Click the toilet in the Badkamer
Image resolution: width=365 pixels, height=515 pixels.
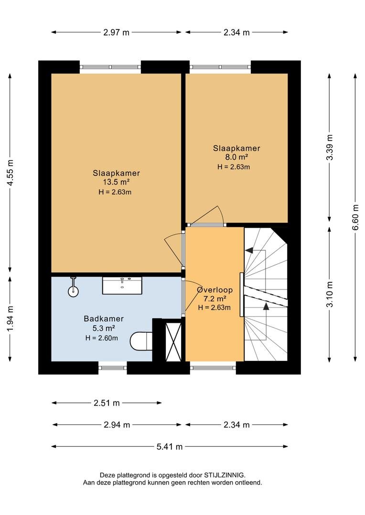(141, 341)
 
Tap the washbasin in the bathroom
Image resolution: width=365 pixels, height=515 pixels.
(122, 285)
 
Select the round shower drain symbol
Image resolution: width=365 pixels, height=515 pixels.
(73, 291)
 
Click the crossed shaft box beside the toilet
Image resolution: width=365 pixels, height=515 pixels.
(173, 342)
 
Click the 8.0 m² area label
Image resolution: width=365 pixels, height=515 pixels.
(236, 157)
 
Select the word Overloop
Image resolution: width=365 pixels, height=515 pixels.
(215, 290)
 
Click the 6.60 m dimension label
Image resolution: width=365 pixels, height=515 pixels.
(355, 217)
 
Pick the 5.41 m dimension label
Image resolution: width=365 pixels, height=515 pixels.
(169, 446)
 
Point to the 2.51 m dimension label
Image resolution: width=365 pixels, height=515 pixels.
(107, 402)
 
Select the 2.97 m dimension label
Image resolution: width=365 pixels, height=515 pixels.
(116, 32)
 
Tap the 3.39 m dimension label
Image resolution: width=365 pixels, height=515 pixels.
(330, 147)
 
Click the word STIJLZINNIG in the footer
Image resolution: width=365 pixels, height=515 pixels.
(225, 475)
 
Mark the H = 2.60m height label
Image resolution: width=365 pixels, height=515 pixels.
(101, 338)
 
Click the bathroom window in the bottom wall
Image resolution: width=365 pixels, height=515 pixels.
(113, 368)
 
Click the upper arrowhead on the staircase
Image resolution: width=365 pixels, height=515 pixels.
(249, 250)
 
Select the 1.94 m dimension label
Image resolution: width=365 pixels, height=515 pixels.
(10, 319)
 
